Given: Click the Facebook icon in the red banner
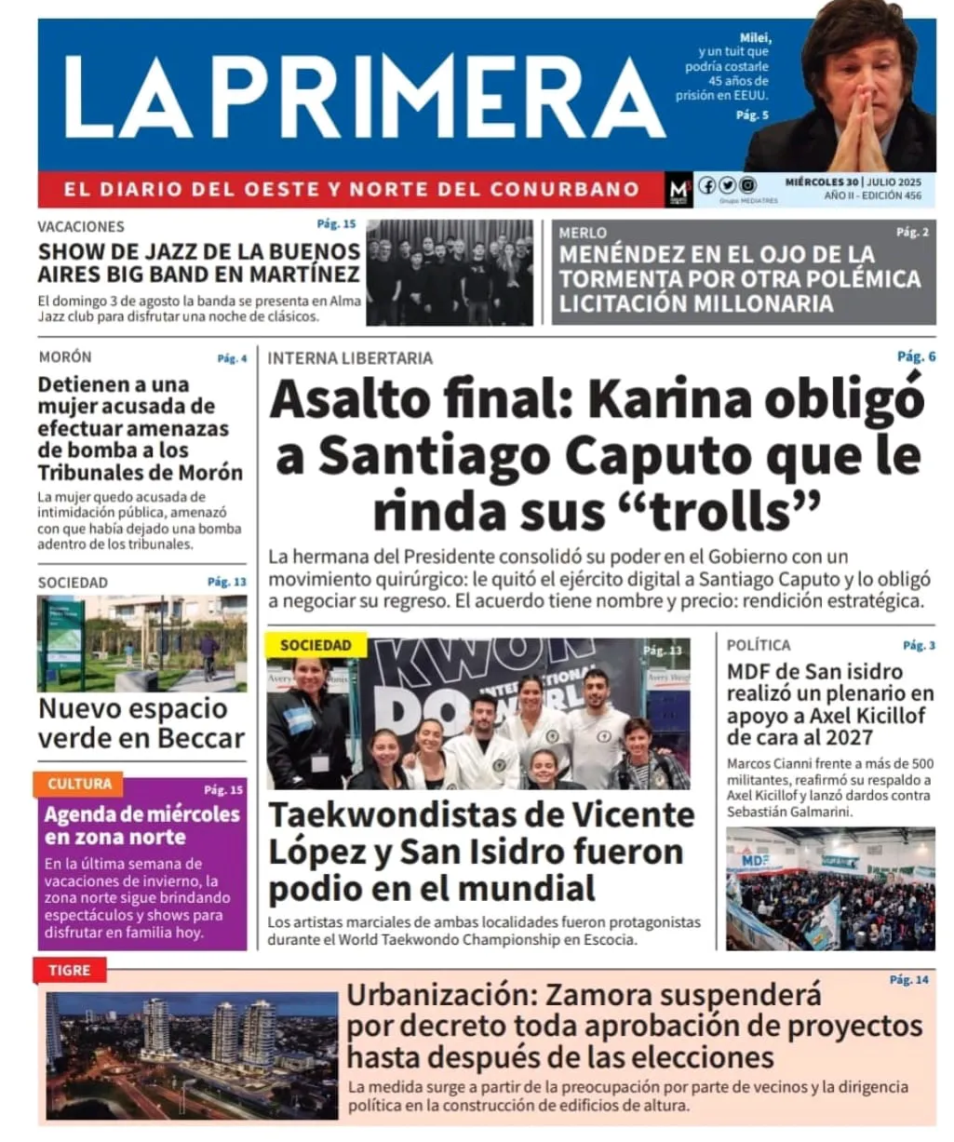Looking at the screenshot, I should click(x=707, y=185).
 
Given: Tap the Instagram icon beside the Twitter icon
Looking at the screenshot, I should click(x=747, y=185).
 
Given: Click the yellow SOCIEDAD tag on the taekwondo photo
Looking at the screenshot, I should click(x=316, y=645).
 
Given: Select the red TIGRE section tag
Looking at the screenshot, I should click(x=70, y=970).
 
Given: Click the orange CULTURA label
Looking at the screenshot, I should click(x=79, y=785).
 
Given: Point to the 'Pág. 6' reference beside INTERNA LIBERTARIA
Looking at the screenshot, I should click(x=916, y=356).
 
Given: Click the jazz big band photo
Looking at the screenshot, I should click(x=450, y=272).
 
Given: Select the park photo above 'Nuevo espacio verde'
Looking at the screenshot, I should click(x=141, y=643).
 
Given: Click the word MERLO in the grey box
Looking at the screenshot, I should click(x=583, y=233).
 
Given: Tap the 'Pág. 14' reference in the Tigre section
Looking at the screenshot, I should click(x=908, y=980).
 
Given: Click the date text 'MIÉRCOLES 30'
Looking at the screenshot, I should click(x=821, y=182).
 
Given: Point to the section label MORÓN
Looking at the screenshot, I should click(x=65, y=357).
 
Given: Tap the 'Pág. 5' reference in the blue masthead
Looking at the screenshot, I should click(x=752, y=115).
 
